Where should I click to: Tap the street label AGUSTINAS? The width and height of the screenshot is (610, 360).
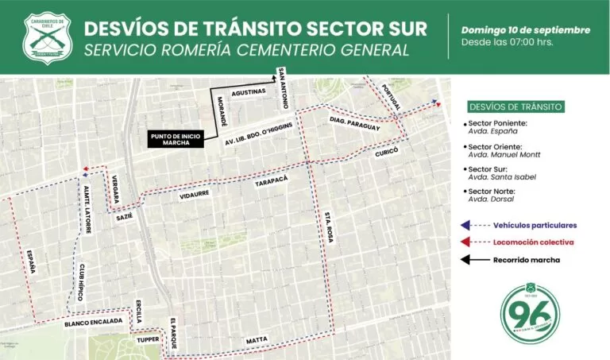coord(248,92)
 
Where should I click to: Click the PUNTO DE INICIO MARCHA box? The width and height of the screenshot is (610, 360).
coord(176,139)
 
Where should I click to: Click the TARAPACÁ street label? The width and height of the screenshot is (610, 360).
coord(271,182)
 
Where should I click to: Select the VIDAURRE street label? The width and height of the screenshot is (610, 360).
coord(195,193)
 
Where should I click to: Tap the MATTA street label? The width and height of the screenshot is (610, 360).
coord(257,339)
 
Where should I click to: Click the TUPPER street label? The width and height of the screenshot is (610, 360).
coord(148,340)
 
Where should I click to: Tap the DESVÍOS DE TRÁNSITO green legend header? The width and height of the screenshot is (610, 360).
coord(515,106)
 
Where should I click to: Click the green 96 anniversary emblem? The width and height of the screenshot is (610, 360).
coord(530,310)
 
